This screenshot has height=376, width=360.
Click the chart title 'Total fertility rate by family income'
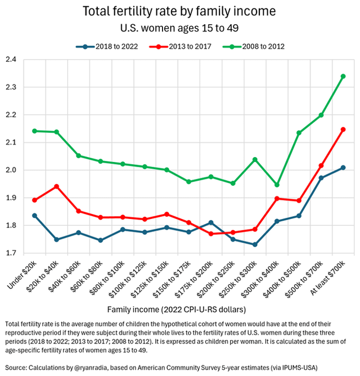point(179,11)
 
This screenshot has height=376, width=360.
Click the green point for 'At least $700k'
point(343,77)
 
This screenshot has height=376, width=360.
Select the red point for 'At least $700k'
point(343,129)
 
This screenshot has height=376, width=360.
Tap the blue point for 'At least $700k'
point(343,168)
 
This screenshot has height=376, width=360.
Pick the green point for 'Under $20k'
point(35,131)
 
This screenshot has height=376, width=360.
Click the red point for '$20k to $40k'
point(57,186)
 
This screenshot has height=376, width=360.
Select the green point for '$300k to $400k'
point(277,185)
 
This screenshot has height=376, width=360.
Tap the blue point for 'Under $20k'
point(35,216)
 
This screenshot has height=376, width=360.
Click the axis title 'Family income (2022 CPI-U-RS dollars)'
point(179,308)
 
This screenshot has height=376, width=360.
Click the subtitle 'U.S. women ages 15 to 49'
point(179,28)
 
